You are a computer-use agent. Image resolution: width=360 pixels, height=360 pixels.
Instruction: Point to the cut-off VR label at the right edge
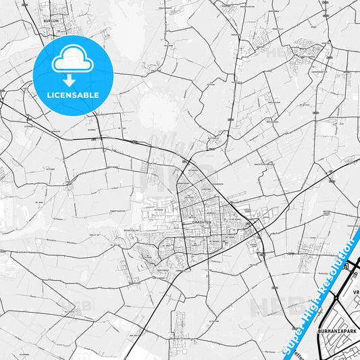pyautogui.click(x=355, y=293)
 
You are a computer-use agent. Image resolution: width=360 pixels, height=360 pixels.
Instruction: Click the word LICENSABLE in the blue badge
pyautogui.click(x=72, y=95)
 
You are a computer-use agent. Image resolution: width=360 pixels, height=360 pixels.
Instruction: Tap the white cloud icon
pyautogui.click(x=72, y=61)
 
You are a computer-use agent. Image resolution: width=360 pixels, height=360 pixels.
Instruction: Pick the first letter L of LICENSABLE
pyautogui.click(x=49, y=95)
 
